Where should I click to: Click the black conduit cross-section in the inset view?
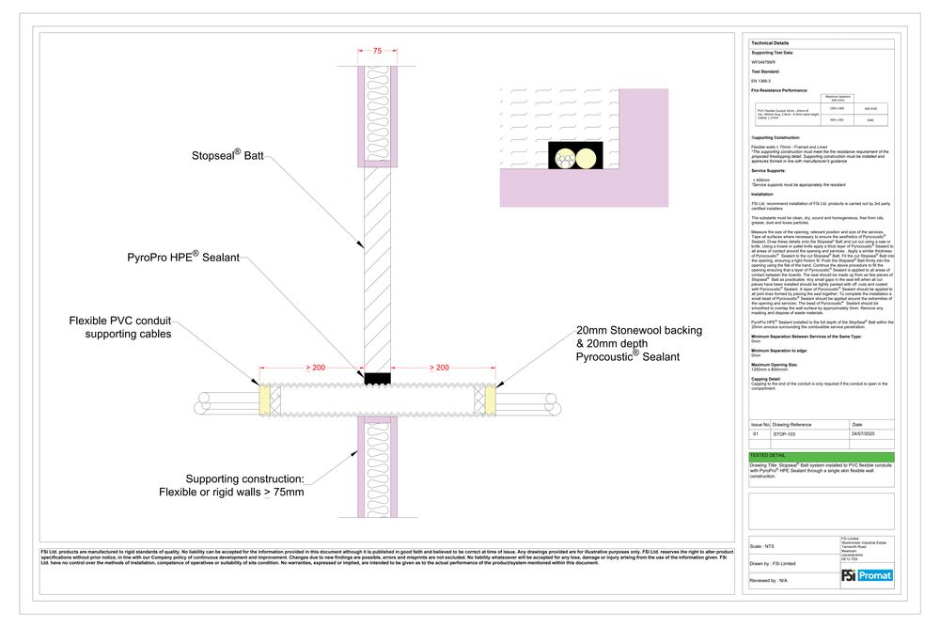point(575,157)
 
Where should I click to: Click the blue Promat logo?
point(874,574)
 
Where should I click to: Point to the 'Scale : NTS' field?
point(763,545)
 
